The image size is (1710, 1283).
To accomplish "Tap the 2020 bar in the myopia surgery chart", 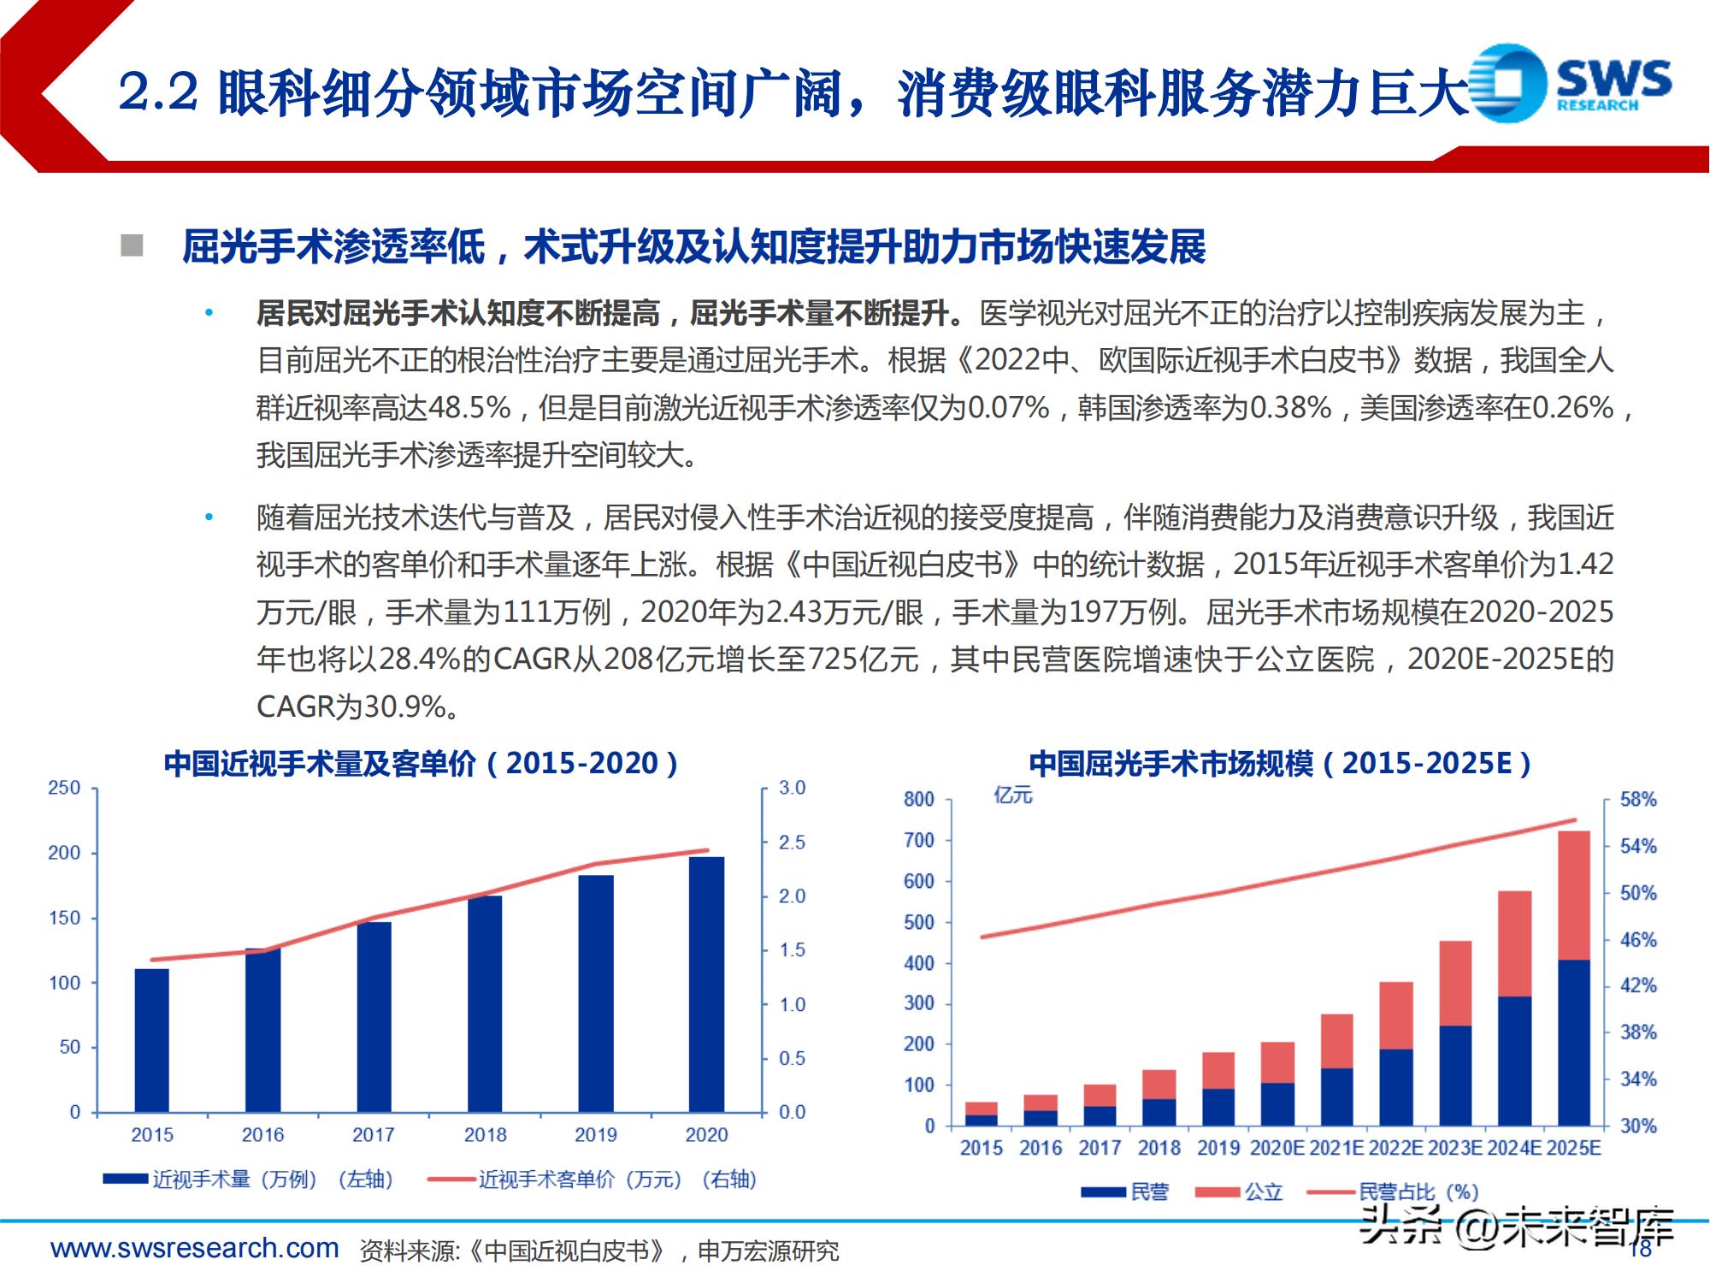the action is [706, 984].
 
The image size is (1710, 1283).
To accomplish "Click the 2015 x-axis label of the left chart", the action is [152, 1135].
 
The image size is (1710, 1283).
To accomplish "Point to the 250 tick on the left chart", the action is [64, 788].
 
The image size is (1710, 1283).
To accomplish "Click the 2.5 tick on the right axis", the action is [792, 843].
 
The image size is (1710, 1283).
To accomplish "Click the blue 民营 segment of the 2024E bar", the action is [1515, 1061].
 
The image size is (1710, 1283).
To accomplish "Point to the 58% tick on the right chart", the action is [1638, 800].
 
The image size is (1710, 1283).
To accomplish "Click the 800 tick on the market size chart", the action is [919, 800].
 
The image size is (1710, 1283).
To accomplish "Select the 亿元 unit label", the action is [1013, 795].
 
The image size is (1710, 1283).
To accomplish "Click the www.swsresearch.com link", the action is [195, 1248].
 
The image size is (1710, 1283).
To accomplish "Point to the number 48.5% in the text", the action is [469, 408].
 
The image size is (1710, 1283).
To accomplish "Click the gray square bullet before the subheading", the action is [132, 245].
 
